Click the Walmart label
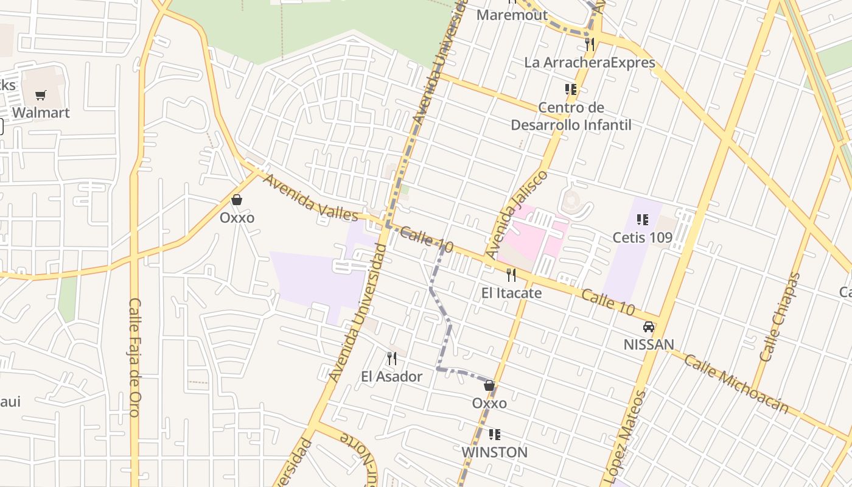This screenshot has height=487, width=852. click(x=41, y=113)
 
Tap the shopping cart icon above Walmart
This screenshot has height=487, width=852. click(x=41, y=95)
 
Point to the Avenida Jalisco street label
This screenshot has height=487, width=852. click(x=517, y=214)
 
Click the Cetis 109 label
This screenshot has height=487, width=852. click(x=642, y=237)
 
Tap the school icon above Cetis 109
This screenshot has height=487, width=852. click(x=642, y=219)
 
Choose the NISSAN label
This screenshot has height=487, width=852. click(x=649, y=345)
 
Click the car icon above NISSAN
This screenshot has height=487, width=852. click(x=649, y=327)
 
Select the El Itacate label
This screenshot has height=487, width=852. click(x=511, y=293)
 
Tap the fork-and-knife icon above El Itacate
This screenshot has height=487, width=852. click(x=511, y=275)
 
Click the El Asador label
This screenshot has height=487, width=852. click(x=391, y=376)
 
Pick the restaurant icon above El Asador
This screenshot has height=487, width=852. click(x=392, y=359)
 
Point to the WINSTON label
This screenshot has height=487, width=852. click(x=494, y=452)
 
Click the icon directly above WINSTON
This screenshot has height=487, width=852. click(x=495, y=435)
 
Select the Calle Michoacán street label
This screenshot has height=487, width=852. click(x=736, y=384)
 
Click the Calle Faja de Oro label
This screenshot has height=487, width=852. click(x=135, y=357)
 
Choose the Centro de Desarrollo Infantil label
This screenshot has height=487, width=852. click(x=571, y=116)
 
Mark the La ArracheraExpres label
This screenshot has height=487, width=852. click(x=590, y=63)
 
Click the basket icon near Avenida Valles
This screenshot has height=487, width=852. click(x=237, y=200)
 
